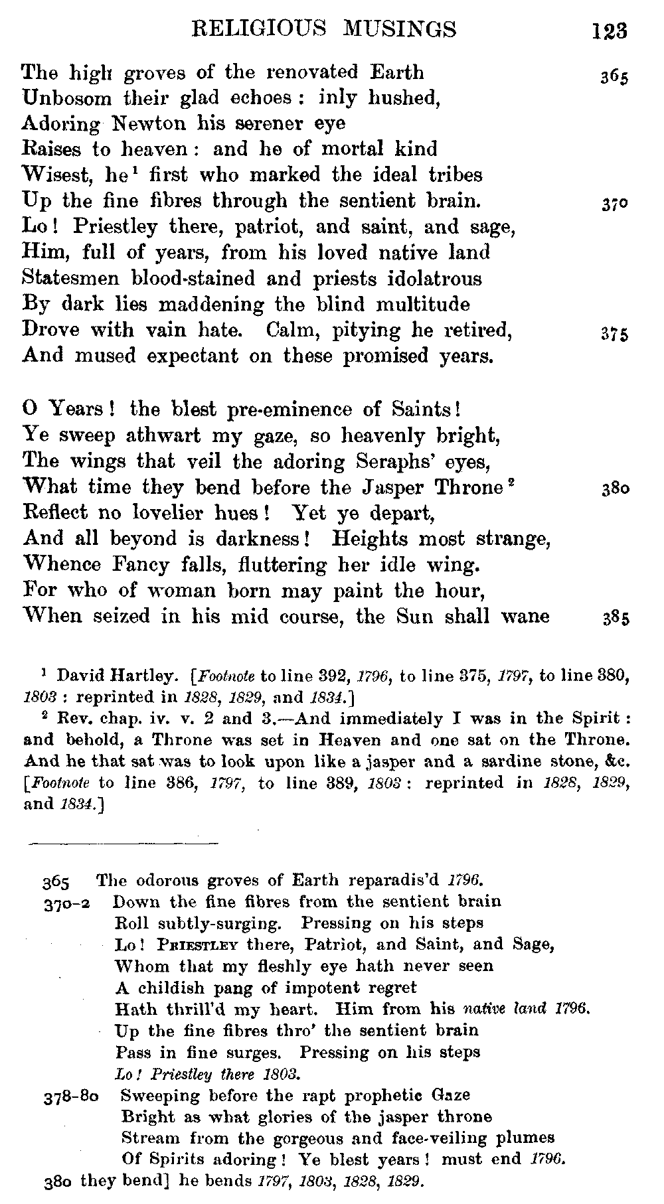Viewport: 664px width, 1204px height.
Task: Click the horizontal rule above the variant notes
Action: click(123, 844)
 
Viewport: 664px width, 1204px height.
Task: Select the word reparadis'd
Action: click(395, 881)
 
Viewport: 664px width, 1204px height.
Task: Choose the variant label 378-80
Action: click(72, 1096)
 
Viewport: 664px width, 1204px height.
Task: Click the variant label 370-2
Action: click(67, 903)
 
